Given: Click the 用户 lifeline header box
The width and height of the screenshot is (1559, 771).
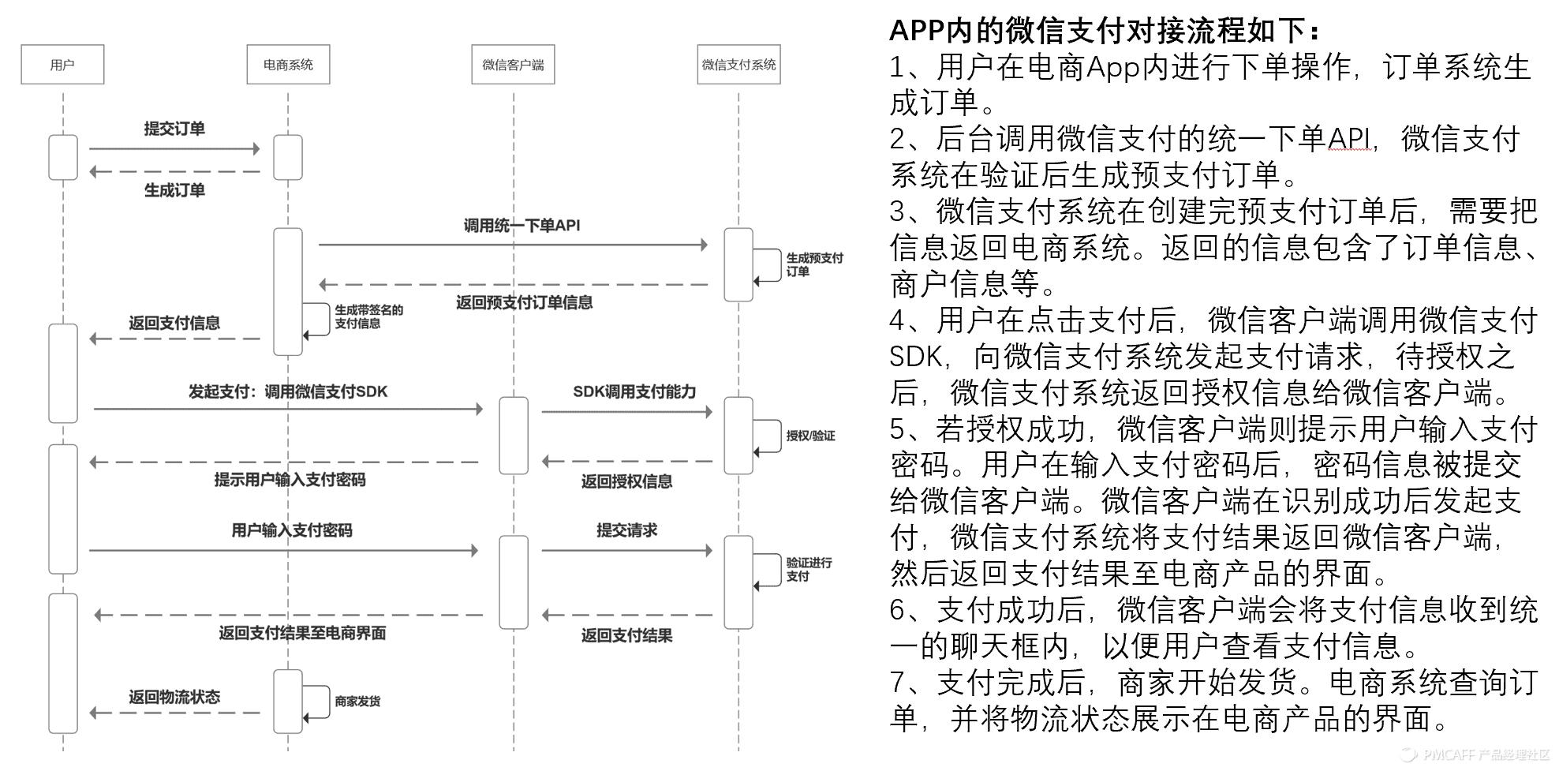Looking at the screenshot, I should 62,65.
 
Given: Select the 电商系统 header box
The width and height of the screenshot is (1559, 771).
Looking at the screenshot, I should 288,65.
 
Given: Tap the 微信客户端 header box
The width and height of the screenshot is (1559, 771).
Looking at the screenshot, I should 513,65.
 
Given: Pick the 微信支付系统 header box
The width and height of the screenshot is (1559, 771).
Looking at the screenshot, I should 738,65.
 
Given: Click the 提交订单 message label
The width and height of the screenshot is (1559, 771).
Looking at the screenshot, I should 174,129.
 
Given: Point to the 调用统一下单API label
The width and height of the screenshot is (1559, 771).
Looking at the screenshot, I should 522,226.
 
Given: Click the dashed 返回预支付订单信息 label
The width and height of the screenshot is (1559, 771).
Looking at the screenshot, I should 524,303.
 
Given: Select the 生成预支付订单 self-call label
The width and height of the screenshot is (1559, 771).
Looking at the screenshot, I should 813,265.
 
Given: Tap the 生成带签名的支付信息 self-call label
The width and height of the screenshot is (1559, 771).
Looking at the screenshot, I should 368,316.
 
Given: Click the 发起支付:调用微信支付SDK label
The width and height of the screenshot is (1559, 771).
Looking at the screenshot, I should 288,392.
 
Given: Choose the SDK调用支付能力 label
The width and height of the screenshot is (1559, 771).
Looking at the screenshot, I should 634,392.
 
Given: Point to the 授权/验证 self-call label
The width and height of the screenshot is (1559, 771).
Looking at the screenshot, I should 810,436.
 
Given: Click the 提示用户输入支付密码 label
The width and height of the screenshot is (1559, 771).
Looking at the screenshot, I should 290,480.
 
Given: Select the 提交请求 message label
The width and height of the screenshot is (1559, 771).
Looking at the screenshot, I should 626,530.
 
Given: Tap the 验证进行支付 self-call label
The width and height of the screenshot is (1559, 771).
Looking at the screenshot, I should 809,569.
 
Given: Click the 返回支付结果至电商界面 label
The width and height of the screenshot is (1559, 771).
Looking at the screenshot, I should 302,633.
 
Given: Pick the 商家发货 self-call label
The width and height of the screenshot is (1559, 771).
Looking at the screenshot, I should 357,701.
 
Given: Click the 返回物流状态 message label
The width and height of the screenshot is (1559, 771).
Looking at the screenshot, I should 174,697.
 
